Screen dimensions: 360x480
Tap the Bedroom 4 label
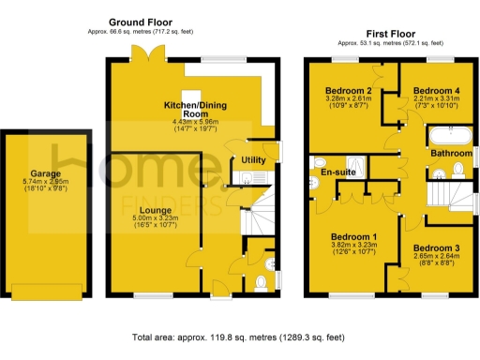436,90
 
